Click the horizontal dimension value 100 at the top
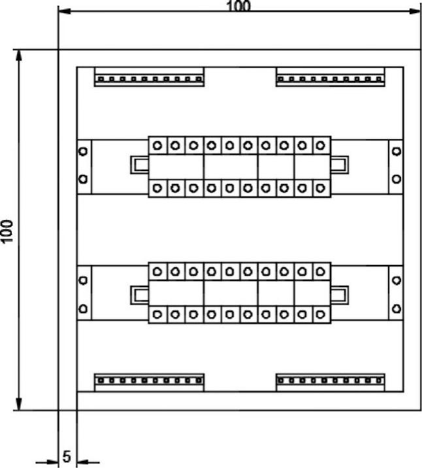[x=238, y=6]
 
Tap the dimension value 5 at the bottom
[x=67, y=456]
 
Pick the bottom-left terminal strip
[x=149, y=381]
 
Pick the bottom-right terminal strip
[x=331, y=381]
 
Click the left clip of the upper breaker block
[x=138, y=164]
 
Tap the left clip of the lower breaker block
[x=138, y=295]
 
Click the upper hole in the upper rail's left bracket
[x=83, y=151]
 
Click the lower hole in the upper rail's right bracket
[x=397, y=178]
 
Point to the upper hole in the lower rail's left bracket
[x=83, y=281]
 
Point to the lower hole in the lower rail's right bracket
[x=397, y=307]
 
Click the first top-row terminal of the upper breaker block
[x=157, y=146]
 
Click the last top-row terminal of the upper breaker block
[x=320, y=146]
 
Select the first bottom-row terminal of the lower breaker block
[x=157, y=315]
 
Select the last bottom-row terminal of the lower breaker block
[x=320, y=315]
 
